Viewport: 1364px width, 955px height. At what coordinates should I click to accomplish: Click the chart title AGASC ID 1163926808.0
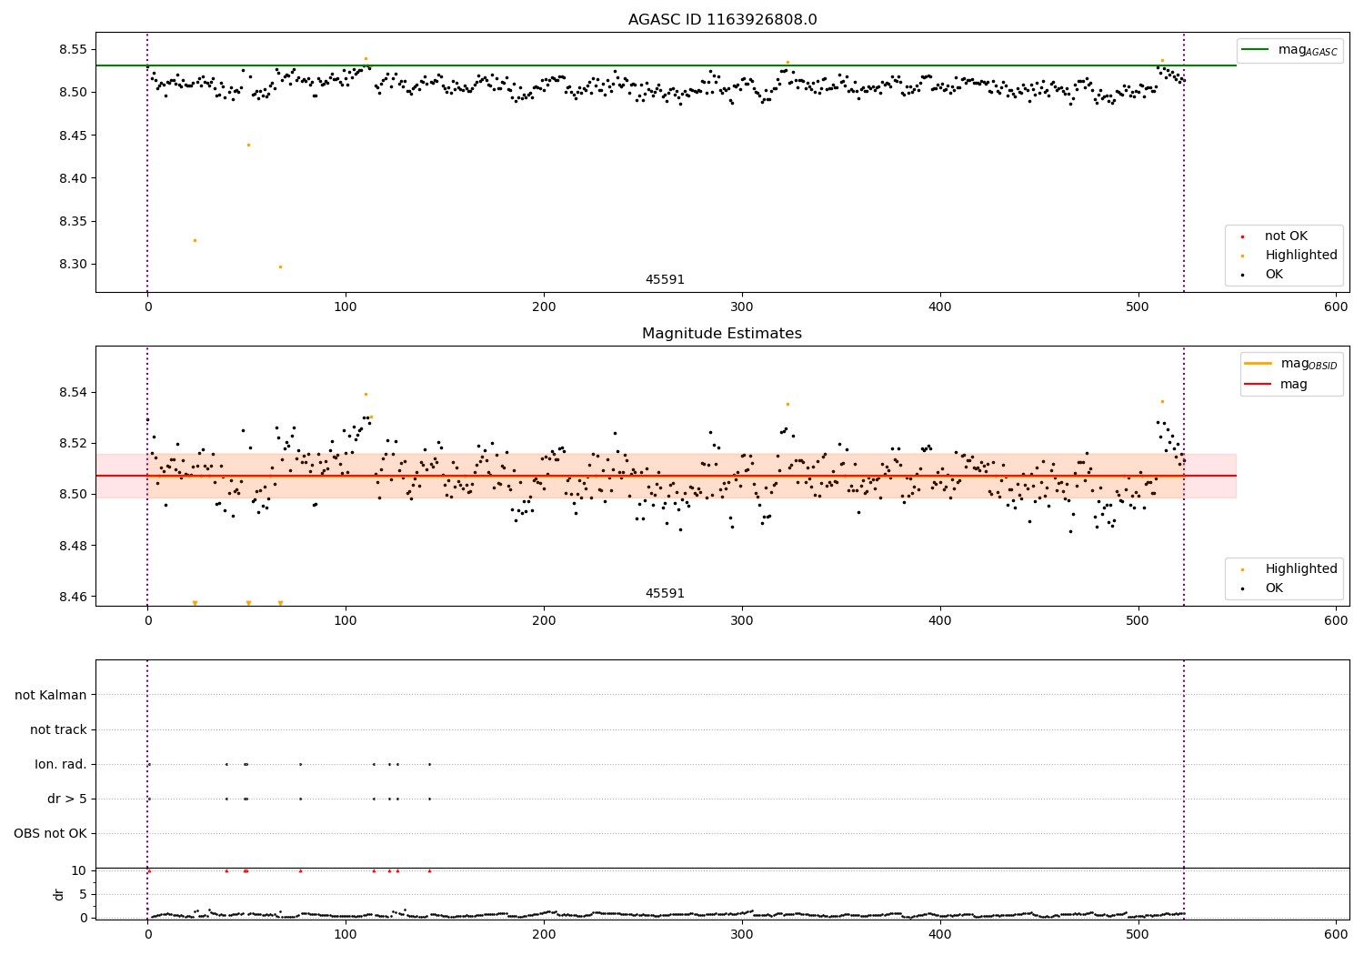click(x=722, y=20)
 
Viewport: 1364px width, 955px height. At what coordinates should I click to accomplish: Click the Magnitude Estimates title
click(x=722, y=334)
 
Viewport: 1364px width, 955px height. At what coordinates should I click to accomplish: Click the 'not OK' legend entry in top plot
click(x=1286, y=236)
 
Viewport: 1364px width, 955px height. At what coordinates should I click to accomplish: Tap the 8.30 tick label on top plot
click(x=74, y=265)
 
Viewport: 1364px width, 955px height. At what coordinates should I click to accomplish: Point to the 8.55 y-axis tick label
click(x=74, y=49)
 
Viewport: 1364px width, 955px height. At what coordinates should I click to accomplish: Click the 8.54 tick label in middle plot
click(x=74, y=393)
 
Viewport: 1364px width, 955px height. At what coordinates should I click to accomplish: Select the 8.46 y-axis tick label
click(x=74, y=597)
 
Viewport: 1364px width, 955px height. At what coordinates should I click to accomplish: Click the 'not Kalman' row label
click(x=51, y=696)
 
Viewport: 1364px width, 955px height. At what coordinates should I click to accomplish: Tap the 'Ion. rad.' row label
click(x=61, y=765)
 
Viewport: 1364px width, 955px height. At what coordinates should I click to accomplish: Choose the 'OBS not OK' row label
click(x=50, y=834)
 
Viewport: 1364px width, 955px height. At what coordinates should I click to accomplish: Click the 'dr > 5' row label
click(x=67, y=799)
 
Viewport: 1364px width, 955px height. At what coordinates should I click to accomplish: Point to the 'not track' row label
click(x=58, y=730)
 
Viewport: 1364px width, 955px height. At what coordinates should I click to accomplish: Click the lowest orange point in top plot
click(x=280, y=266)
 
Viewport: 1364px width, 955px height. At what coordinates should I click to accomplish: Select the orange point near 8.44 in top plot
click(x=248, y=145)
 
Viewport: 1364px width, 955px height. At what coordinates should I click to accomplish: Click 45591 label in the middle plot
click(x=665, y=594)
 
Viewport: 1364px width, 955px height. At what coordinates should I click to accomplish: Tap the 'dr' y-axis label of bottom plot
click(x=59, y=894)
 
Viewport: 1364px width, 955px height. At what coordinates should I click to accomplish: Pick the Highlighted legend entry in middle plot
click(x=1300, y=569)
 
